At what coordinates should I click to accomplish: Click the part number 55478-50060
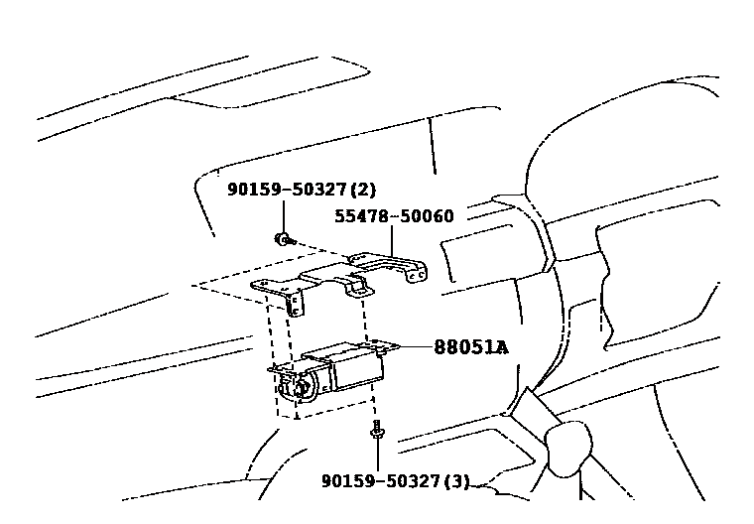click(394, 215)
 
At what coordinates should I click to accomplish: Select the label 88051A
click(470, 347)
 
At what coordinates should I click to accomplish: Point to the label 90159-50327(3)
click(395, 481)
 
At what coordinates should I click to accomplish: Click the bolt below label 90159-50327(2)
click(285, 239)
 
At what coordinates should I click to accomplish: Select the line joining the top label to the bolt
click(284, 213)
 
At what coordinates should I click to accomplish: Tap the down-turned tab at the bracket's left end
click(295, 304)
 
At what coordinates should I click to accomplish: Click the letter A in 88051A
click(501, 347)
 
